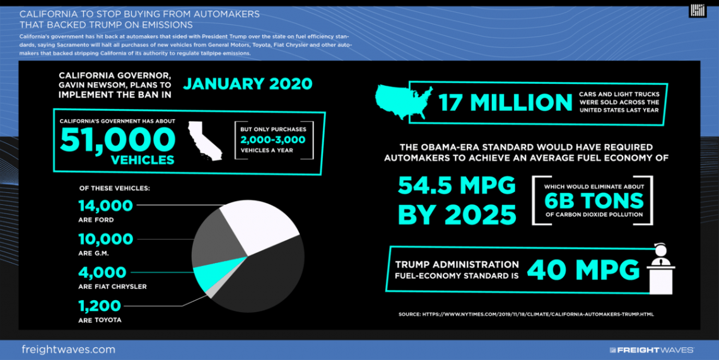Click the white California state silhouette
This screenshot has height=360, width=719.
pyautogui.click(x=205, y=140)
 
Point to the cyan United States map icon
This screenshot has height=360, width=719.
pyautogui.click(x=404, y=101)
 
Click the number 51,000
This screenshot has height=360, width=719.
pyautogui.click(x=117, y=139)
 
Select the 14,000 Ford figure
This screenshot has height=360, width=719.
pyautogui.click(x=106, y=206)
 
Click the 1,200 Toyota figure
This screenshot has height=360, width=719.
pyautogui.click(x=100, y=306)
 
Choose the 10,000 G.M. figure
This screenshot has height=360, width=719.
pyautogui.click(x=106, y=240)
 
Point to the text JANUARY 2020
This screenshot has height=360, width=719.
pyautogui.click(x=248, y=83)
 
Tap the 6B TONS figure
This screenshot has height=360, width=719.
pyautogui.click(x=595, y=201)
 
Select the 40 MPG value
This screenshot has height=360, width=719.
pyautogui.click(x=583, y=270)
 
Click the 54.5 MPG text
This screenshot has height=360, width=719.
pyautogui.click(x=457, y=185)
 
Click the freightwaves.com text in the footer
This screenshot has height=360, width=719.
pyautogui.click(x=68, y=349)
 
